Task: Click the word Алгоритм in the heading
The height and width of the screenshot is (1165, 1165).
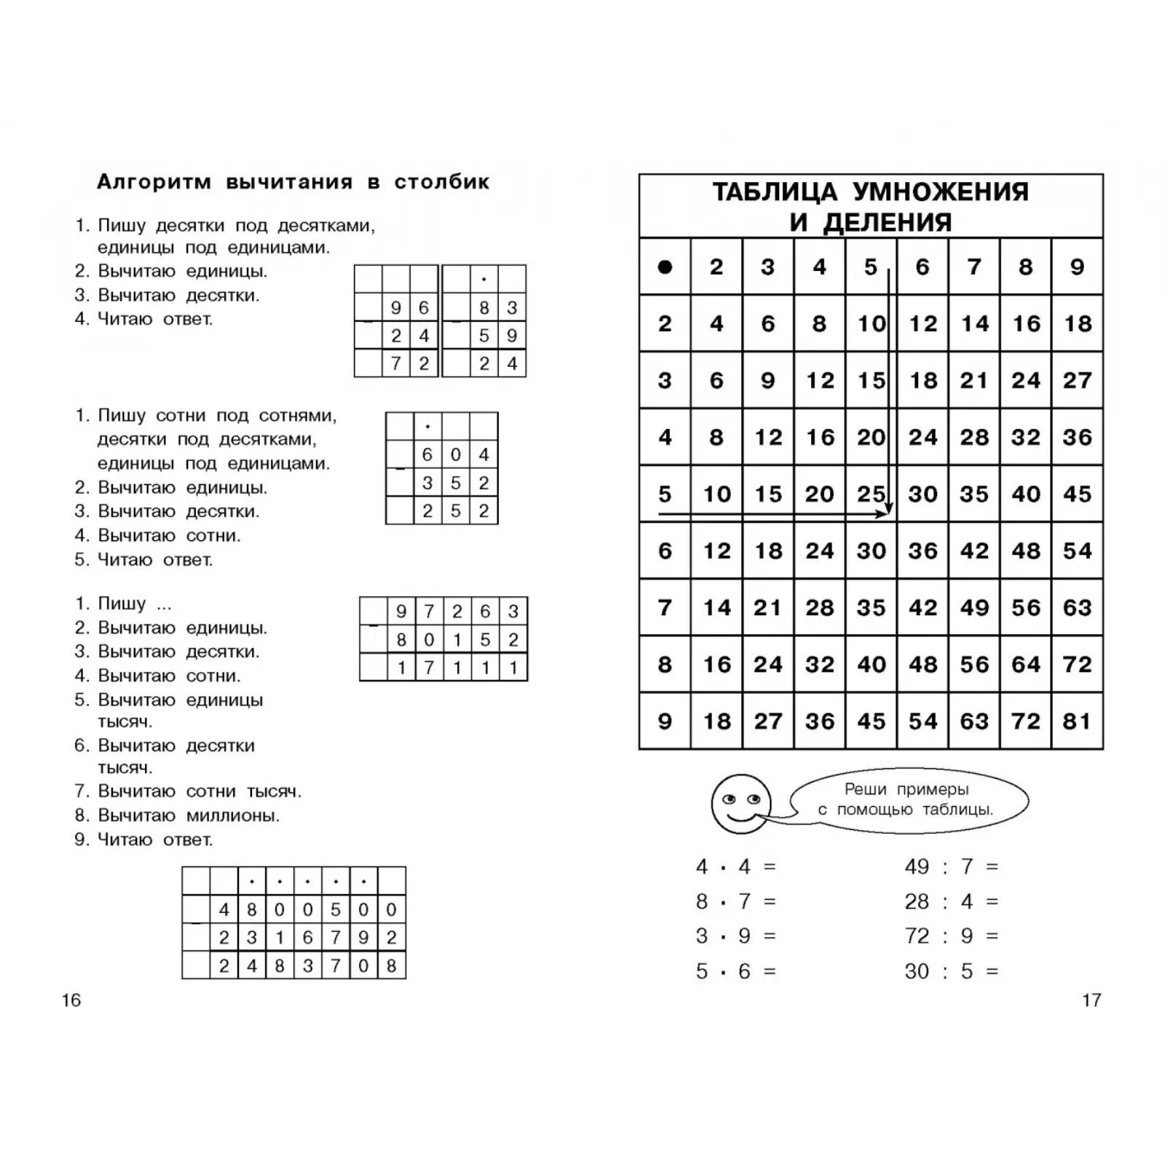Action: pos(154,182)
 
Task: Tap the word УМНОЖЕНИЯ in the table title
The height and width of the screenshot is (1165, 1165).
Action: pos(940,191)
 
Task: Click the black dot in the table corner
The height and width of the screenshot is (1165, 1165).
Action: pos(664,267)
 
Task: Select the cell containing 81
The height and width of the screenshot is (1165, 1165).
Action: pos(1077,721)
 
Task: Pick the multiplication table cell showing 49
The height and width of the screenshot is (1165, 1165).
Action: pos(974,607)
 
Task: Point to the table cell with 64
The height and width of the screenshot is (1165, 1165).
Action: pos(1025,664)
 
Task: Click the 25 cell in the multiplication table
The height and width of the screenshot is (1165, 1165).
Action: pos(870,494)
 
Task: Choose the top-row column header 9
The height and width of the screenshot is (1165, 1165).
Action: pos(1077,267)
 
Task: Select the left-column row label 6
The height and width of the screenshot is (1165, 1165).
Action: pos(664,550)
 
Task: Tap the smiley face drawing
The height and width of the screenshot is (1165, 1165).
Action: pos(741,803)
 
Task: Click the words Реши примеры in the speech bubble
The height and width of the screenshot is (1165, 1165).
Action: pos(906,789)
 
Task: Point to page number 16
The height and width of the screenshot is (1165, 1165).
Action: pos(71,1000)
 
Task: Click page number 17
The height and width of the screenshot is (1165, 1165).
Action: pos(1091,1000)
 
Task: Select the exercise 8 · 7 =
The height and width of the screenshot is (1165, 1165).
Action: pos(735,901)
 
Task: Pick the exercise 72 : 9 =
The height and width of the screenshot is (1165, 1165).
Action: pos(951,936)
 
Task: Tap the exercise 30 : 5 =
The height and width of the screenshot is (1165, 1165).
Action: pos(951,971)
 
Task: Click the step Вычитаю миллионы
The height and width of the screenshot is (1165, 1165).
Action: pos(188,815)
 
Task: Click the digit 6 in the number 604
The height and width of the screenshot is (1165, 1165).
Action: pos(427,455)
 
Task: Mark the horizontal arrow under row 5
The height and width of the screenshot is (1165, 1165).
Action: pos(772,514)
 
